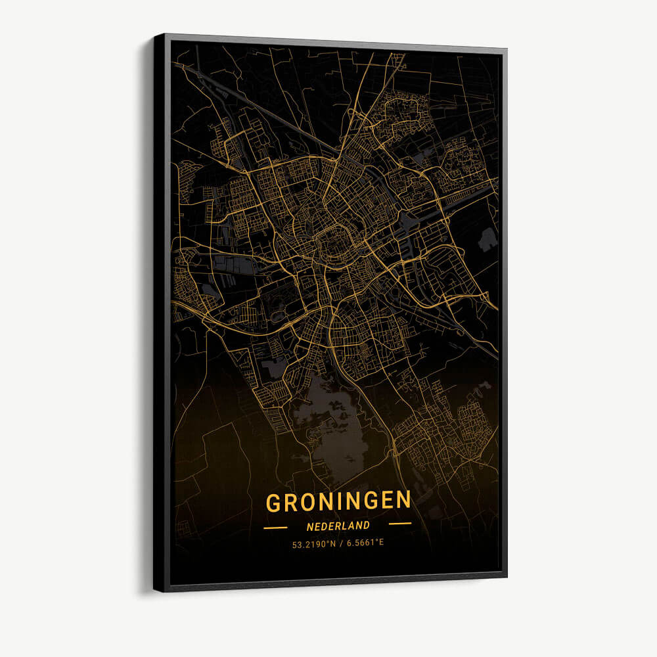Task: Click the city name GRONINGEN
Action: pyautogui.click(x=338, y=501)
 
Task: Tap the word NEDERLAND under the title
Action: pyautogui.click(x=338, y=526)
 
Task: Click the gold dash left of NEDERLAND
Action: pyautogui.click(x=275, y=527)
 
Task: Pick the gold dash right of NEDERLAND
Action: pyautogui.click(x=399, y=524)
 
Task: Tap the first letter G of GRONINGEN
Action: pyautogui.click(x=274, y=503)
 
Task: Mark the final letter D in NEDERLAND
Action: pyautogui.click(x=365, y=526)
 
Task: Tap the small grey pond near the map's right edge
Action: pyautogui.click(x=487, y=240)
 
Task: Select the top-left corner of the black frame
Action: pyautogui.click(x=156, y=35)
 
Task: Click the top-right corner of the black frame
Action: pyautogui.click(x=505, y=49)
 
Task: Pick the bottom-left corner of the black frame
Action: pyautogui.click(x=156, y=589)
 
